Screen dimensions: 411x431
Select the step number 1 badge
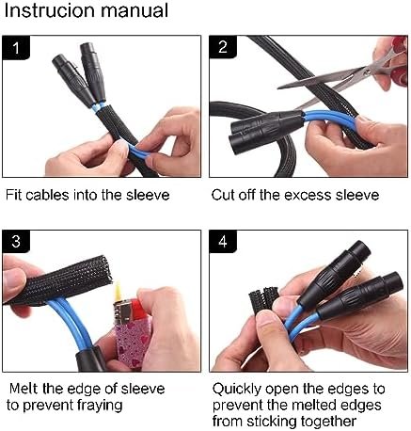pyautogui.click(x=16, y=48)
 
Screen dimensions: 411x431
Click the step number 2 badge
pyautogui.click(x=223, y=47)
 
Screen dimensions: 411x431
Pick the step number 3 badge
pyautogui.click(x=16, y=242)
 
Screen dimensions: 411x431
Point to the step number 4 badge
pyautogui.click(x=223, y=242)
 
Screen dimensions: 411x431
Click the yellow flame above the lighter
pyautogui.click(x=118, y=290)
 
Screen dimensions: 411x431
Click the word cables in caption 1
pyautogui.click(x=47, y=195)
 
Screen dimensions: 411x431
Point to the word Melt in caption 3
pyautogui.click(x=24, y=389)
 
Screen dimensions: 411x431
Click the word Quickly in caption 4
pyautogui.click(x=237, y=390)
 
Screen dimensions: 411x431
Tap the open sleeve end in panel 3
pyautogui.click(x=105, y=270)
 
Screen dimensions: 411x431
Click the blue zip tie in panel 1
pyautogui.click(x=98, y=107)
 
